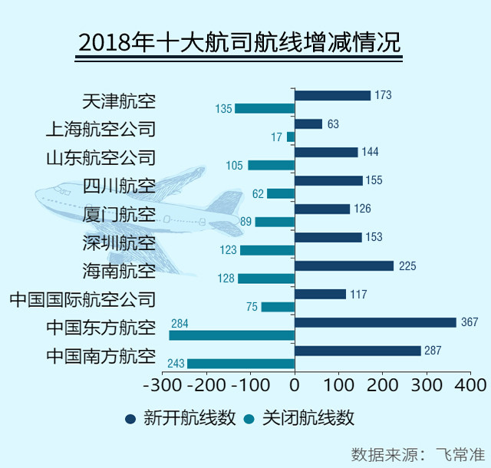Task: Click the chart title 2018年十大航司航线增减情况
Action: coord(239,42)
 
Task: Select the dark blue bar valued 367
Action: coord(375,322)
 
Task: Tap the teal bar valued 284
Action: coord(232,335)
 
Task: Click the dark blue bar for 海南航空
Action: coord(344,265)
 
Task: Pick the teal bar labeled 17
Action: coord(291,137)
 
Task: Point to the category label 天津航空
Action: coord(118,101)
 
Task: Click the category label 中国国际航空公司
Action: coord(82,299)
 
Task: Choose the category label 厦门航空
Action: coord(118,215)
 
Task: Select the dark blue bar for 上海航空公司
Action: coord(308,124)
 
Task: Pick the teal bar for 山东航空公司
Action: coord(271,165)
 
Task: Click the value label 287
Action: coord(434,351)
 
